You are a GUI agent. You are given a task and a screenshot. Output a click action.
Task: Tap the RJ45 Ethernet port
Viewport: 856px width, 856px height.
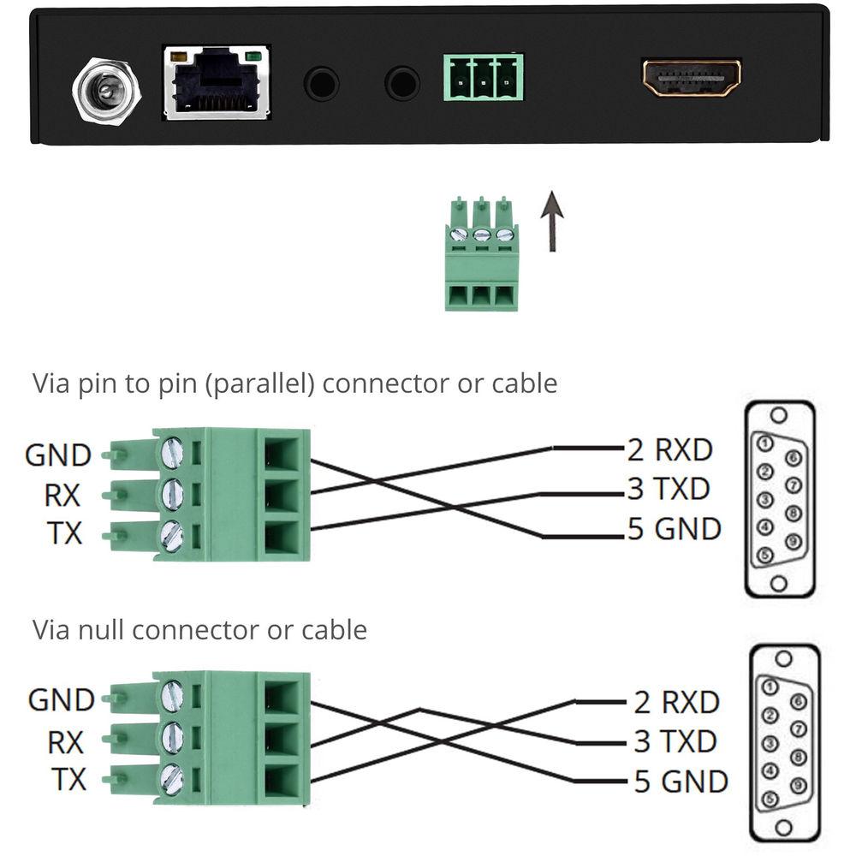pos(217,83)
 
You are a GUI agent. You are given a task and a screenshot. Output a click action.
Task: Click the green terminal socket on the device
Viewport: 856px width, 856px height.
pos(483,78)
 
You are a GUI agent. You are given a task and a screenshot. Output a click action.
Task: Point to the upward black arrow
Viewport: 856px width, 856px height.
pos(553,221)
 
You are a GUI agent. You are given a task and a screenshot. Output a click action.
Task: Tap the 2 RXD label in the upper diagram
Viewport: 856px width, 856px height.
pos(669,449)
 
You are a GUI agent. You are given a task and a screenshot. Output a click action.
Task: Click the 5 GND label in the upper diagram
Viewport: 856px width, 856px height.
pos(675,529)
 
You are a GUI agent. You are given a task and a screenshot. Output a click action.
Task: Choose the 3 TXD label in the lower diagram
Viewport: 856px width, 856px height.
pos(675,741)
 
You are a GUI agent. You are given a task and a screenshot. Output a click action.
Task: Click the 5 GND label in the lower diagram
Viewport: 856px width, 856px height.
pos(681,782)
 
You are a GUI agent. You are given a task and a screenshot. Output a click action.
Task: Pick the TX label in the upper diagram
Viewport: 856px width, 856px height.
pos(64,534)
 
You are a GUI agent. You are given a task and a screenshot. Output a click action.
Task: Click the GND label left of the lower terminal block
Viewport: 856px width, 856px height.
pos(61,700)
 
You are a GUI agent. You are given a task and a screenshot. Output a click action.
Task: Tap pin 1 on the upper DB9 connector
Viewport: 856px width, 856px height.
pos(766,443)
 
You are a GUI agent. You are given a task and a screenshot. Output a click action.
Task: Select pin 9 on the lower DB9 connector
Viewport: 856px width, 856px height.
pos(797,785)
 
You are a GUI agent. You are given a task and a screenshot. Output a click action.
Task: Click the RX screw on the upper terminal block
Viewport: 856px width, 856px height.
pos(172,493)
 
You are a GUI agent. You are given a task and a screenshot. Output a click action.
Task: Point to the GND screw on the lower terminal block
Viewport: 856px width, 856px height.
pos(172,694)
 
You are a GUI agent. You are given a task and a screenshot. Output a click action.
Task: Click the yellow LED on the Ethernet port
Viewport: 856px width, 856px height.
pos(179,56)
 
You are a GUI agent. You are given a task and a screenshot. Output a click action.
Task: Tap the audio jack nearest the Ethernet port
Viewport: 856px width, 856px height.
pos(322,84)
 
